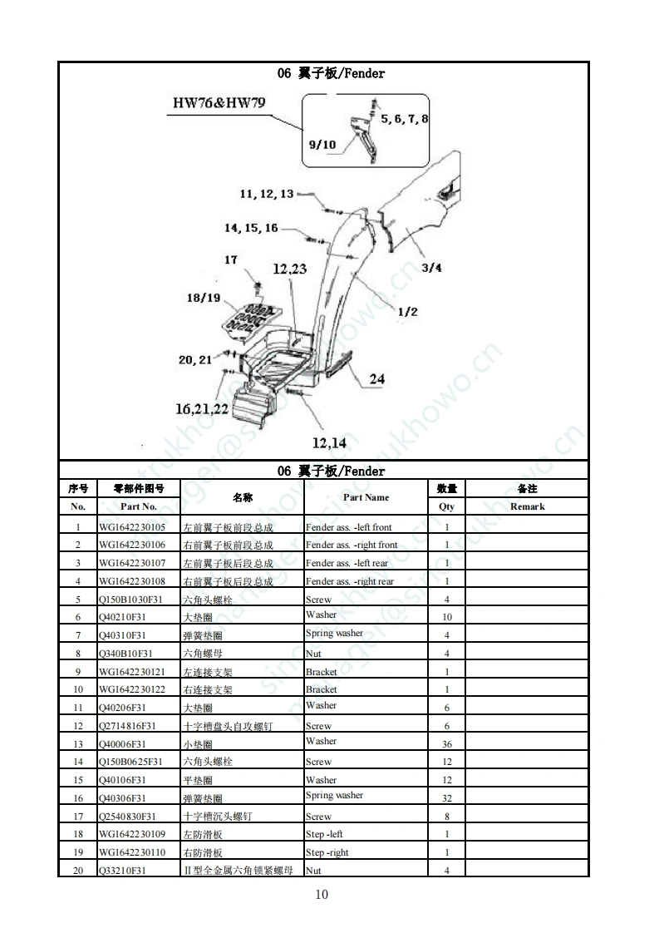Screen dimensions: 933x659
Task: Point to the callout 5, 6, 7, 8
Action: coord(405,119)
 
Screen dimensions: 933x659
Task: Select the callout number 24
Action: coord(376,379)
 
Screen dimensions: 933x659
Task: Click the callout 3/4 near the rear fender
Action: coord(431,268)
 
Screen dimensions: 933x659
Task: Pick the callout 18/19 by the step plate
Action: coord(204,298)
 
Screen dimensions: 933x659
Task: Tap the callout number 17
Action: coord(231,260)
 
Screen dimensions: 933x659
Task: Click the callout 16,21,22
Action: coord(201,408)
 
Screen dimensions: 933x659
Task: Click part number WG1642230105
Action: coord(132,527)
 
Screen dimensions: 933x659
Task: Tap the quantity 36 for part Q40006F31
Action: coord(447,744)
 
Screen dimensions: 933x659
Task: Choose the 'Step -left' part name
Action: coord(324,834)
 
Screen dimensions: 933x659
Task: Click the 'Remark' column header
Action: coord(527,506)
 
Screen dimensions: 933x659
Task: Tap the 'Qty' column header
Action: coord(447,506)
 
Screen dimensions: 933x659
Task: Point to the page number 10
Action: coord(322,895)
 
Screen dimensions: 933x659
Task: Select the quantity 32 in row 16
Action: coord(447,798)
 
